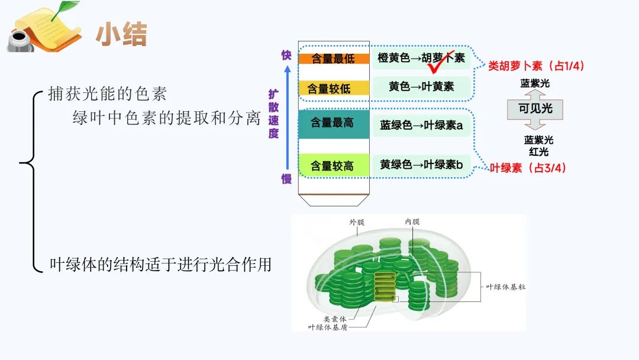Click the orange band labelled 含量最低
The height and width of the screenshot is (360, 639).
click(333, 59)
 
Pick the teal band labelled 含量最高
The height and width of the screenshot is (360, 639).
click(333, 123)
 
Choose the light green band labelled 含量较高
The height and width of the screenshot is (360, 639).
click(333, 165)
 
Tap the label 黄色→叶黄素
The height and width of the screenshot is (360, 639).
click(421, 86)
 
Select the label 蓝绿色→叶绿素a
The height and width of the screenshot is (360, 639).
click(421, 125)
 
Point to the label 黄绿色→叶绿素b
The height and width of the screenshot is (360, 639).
click(421, 165)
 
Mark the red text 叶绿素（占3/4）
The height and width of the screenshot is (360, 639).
click(528, 168)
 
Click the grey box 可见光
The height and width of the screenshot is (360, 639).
click(535, 109)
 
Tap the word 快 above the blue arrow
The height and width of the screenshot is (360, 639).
click(286, 55)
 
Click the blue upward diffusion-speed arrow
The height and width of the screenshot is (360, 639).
click(287, 118)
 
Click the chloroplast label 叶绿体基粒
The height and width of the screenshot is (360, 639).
click(505, 287)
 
